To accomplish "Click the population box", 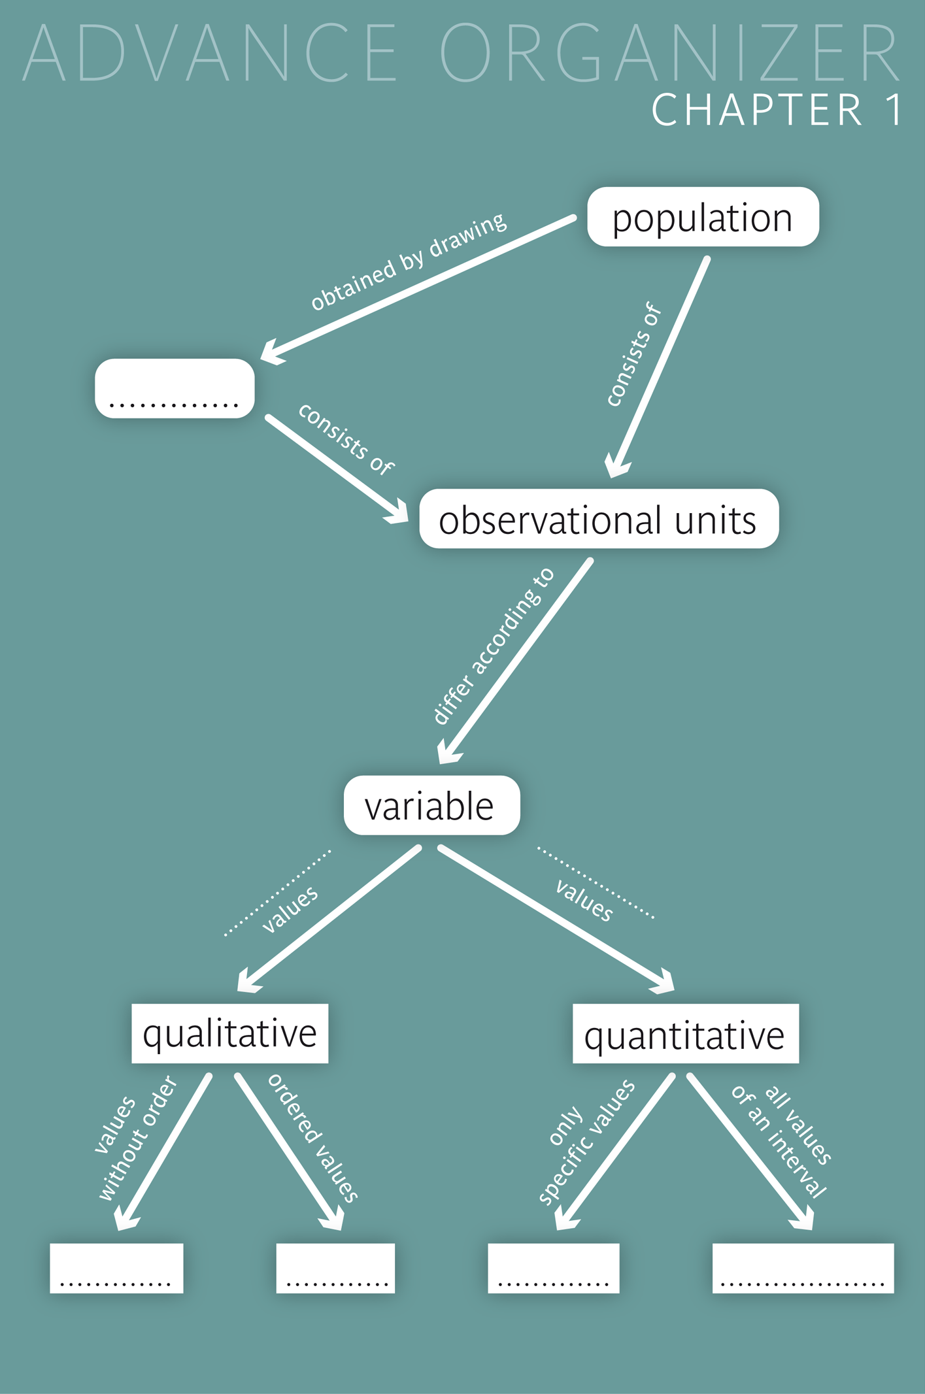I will click(703, 217).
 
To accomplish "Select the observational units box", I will click(598, 519).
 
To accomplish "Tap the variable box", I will click(431, 805).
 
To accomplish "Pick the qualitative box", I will click(229, 1033).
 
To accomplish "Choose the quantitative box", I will click(685, 1033).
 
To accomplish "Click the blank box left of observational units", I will click(175, 388).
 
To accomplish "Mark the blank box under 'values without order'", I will click(116, 1268).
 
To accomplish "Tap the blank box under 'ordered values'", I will click(335, 1268).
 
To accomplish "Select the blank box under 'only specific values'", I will click(553, 1268).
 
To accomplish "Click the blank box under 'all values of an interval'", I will click(803, 1268).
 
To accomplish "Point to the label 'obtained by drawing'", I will click(408, 261).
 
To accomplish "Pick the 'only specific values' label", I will click(585, 1140).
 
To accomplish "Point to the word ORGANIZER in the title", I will click(670, 52).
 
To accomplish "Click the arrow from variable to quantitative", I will click(556, 918).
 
